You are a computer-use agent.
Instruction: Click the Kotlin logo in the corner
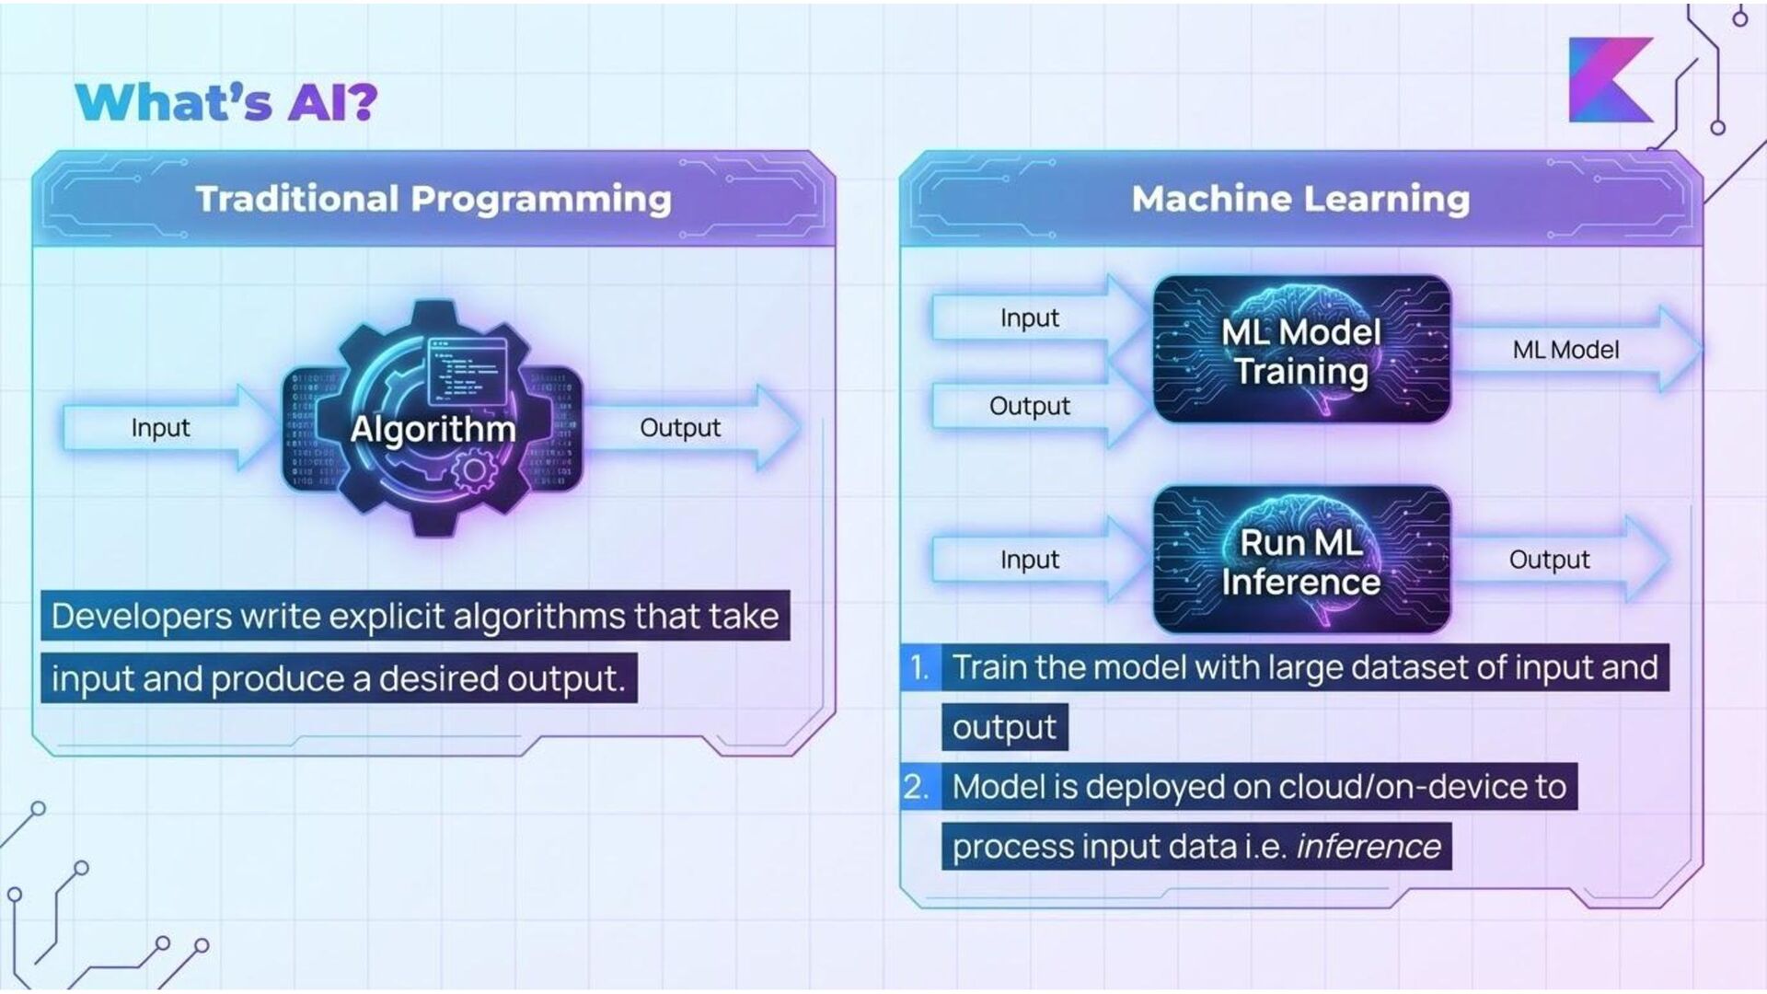tap(1611, 80)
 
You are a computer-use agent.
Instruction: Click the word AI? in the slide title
tap(332, 101)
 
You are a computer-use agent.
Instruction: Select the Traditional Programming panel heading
tap(433, 199)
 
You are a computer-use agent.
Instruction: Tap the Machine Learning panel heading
tap(1300, 199)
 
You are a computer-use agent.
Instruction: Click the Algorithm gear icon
tap(433, 419)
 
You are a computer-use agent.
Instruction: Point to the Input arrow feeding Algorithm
tap(161, 428)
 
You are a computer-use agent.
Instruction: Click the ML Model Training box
tap(1301, 350)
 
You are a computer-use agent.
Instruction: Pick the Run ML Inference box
tap(1301, 561)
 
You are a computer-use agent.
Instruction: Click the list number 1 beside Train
tap(919, 667)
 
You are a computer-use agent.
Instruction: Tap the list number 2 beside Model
tap(917, 787)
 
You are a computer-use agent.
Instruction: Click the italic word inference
tap(1369, 847)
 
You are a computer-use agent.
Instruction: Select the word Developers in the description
tap(141, 617)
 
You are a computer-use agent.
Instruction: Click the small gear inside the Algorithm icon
tap(474, 470)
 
